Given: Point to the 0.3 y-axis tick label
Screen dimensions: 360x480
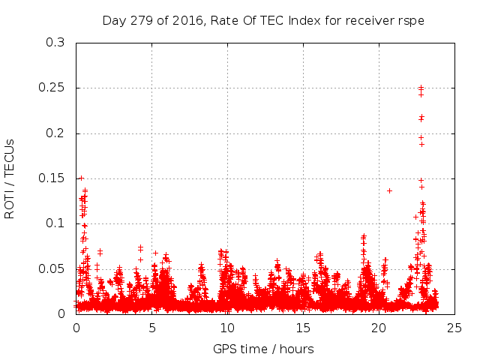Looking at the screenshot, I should pyautogui.click(x=56, y=43).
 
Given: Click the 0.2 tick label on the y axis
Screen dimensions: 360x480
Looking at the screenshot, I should pyautogui.click(x=56, y=133).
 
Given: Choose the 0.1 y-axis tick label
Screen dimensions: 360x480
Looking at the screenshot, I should pyautogui.click(x=56, y=224).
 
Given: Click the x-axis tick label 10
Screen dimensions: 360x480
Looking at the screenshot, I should pyautogui.click(x=227, y=328).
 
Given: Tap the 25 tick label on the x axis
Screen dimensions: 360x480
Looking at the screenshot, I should pyautogui.click(x=454, y=328).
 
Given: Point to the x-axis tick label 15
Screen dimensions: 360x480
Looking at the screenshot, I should pyautogui.click(x=303, y=328).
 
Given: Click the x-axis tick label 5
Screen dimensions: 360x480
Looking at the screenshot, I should pyautogui.click(x=152, y=328).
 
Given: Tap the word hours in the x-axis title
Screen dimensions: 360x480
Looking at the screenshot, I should pyautogui.click(x=297, y=349).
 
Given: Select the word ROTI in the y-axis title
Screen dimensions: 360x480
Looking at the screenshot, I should pyautogui.click(x=10, y=203).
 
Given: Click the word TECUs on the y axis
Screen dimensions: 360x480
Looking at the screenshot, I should pyautogui.click(x=10, y=155).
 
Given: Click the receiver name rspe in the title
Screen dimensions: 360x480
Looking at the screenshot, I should pyautogui.click(x=412, y=20).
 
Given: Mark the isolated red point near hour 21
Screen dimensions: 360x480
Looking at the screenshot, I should pyautogui.click(x=389, y=190).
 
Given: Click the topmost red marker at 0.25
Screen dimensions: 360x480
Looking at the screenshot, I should pyautogui.click(x=421, y=88).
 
